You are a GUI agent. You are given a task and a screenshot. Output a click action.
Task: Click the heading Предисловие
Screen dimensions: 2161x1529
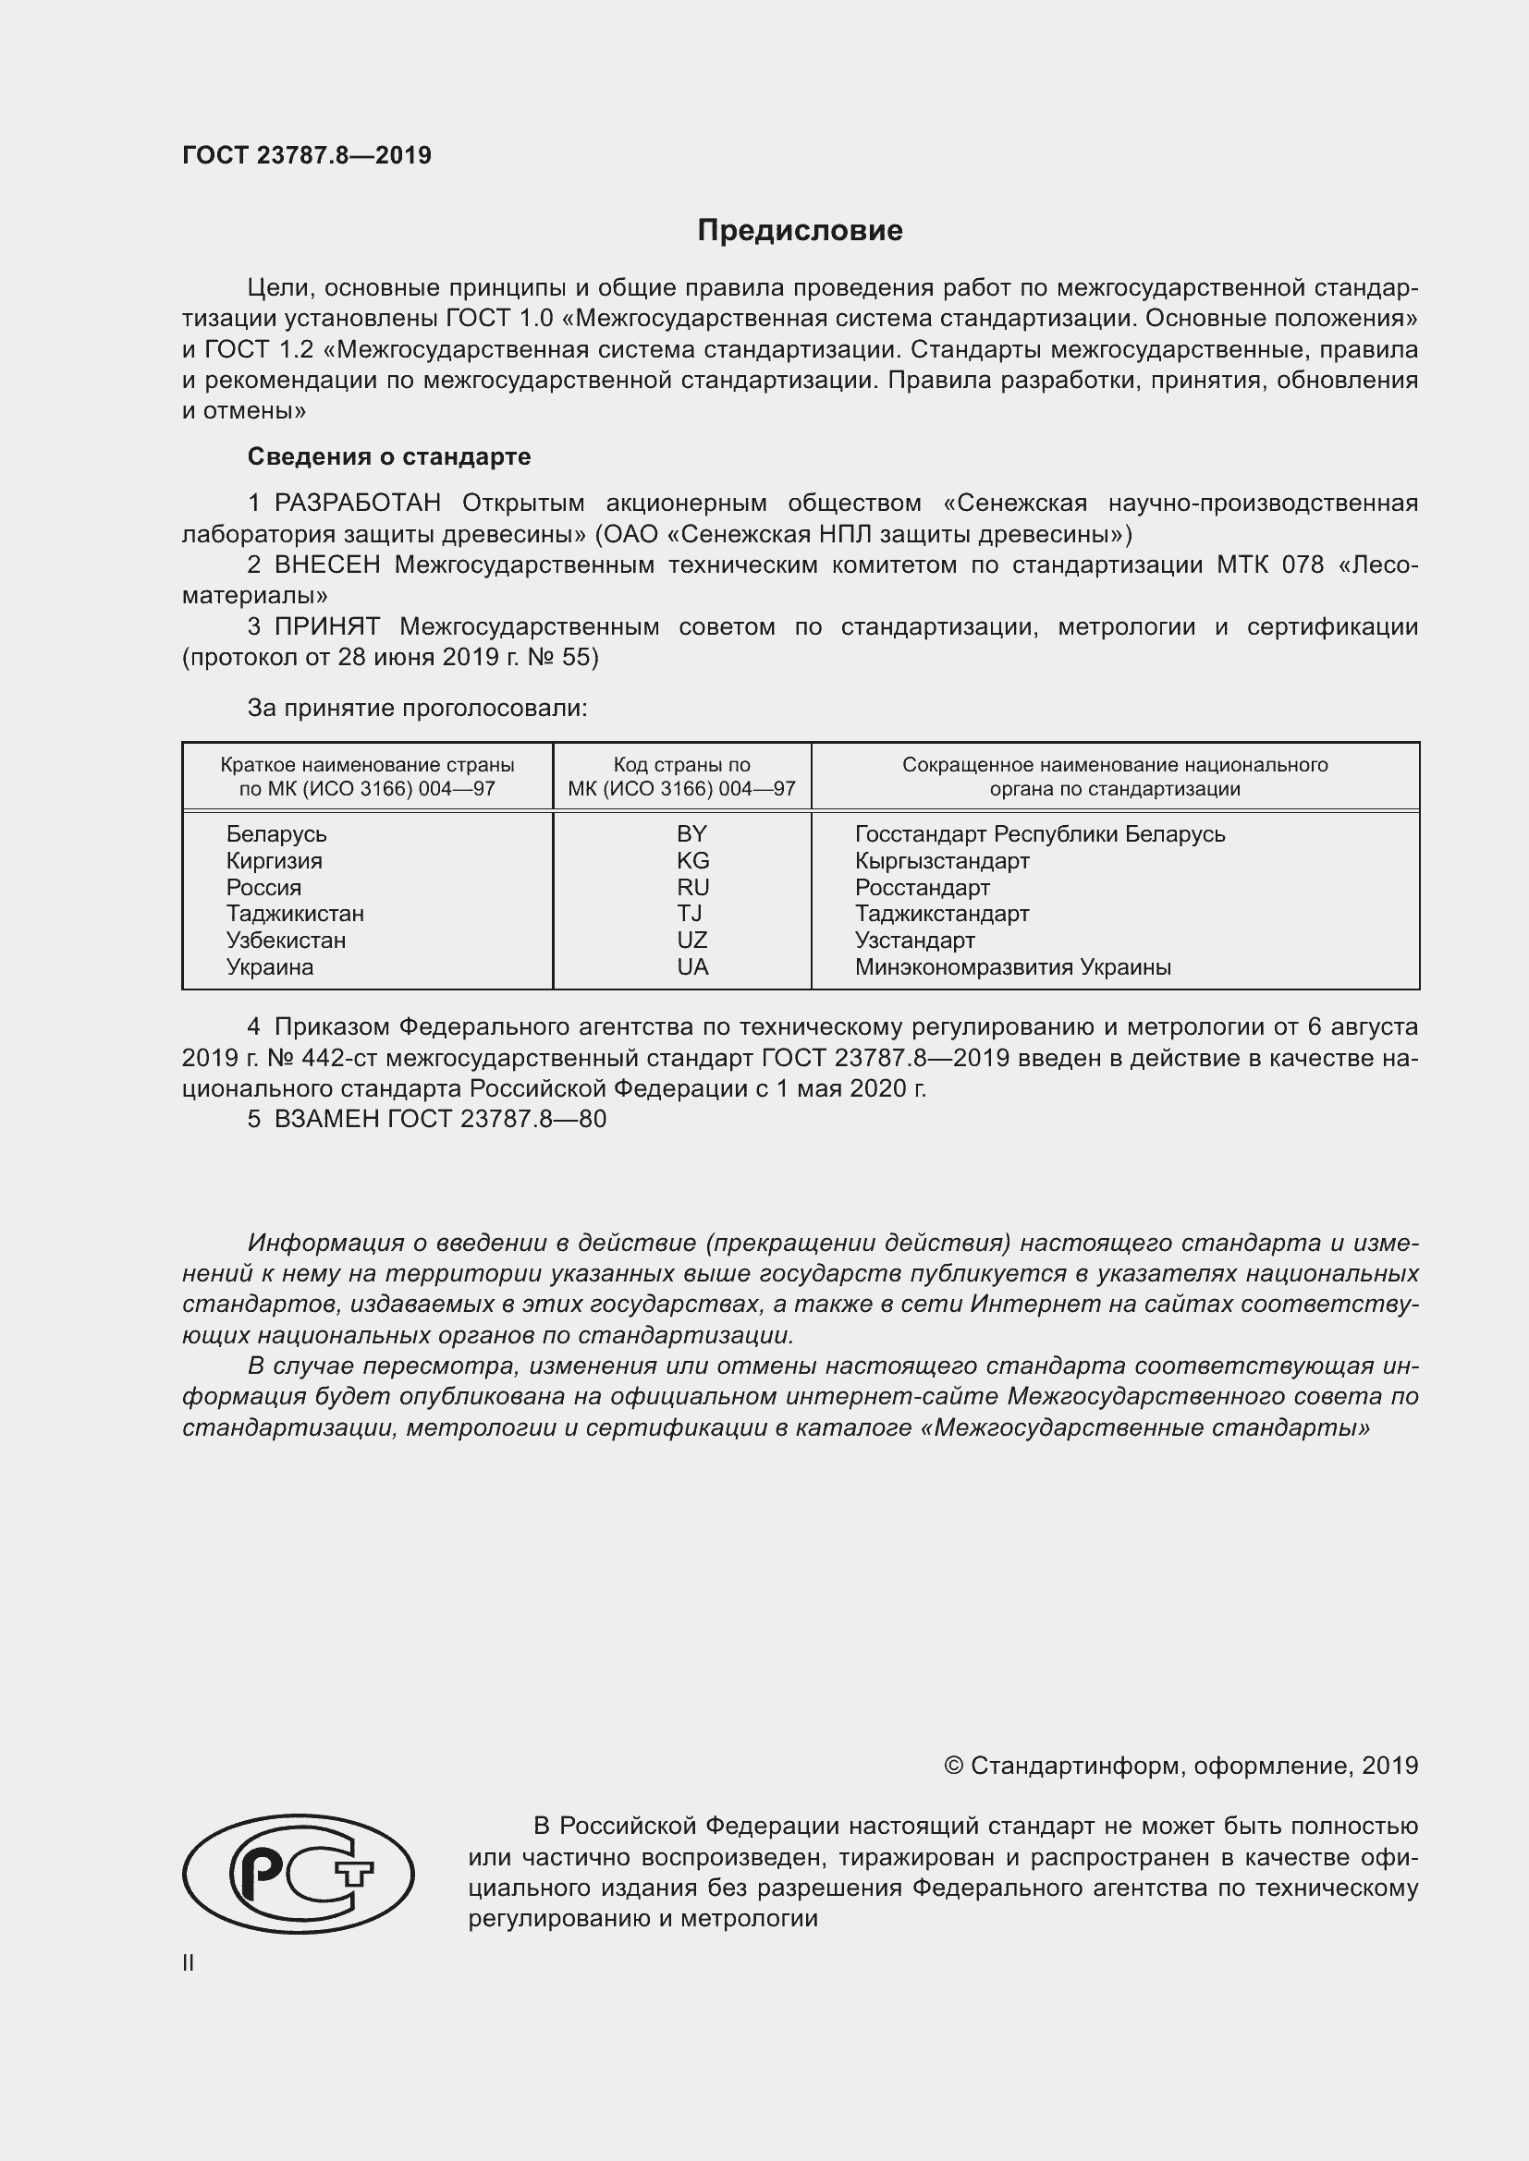point(800,231)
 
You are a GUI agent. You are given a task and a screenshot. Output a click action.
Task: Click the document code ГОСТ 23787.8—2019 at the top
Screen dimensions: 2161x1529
point(306,156)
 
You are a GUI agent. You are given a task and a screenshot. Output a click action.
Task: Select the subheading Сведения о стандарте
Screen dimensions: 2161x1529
point(389,456)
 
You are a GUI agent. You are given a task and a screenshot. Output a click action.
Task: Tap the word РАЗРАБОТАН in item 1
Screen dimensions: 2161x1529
point(357,503)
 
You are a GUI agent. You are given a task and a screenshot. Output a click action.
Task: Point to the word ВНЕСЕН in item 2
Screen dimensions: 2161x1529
point(327,565)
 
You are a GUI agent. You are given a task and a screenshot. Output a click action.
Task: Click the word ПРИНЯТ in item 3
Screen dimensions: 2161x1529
point(326,626)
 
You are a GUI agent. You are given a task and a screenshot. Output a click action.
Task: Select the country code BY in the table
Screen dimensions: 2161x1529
point(691,834)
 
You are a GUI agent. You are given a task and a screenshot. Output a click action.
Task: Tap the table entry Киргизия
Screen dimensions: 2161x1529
point(274,861)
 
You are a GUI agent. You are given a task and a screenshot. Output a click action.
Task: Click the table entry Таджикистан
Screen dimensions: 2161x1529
point(295,914)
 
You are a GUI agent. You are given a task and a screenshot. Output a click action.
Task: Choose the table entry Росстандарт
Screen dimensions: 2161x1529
point(922,888)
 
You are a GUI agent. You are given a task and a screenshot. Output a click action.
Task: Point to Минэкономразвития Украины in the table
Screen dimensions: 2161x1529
point(1012,967)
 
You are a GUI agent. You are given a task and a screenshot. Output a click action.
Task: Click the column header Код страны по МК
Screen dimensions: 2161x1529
point(681,776)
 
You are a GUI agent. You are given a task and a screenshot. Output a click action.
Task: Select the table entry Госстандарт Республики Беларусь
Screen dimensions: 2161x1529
point(1039,834)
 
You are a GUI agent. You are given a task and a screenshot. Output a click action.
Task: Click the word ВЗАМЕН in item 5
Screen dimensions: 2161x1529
point(326,1119)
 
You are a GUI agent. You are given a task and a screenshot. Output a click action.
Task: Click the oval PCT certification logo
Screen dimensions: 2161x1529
point(299,1874)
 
